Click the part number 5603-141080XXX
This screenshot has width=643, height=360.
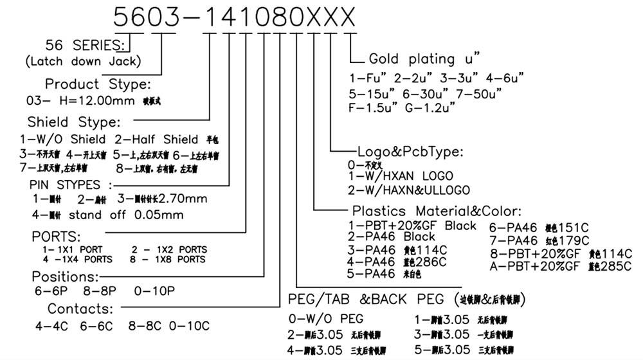[x=234, y=17]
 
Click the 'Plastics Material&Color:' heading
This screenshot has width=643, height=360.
[x=437, y=211]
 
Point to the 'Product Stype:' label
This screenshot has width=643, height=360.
[x=97, y=84]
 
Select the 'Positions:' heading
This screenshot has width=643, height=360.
[x=66, y=276]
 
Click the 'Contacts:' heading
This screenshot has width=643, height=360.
[x=80, y=308]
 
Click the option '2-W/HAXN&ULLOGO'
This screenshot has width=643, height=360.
[x=408, y=190]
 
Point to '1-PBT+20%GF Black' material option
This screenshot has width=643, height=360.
[x=412, y=226]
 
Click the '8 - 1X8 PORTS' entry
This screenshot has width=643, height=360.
[x=168, y=259]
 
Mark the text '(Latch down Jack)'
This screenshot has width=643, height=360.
[x=83, y=62]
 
